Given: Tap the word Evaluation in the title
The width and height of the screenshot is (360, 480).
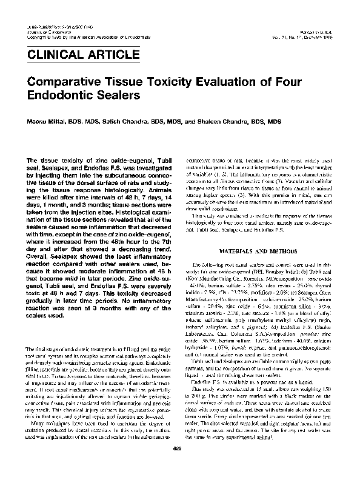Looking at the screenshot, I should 221,83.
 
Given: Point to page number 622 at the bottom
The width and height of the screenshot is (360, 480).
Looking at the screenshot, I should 179,465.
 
